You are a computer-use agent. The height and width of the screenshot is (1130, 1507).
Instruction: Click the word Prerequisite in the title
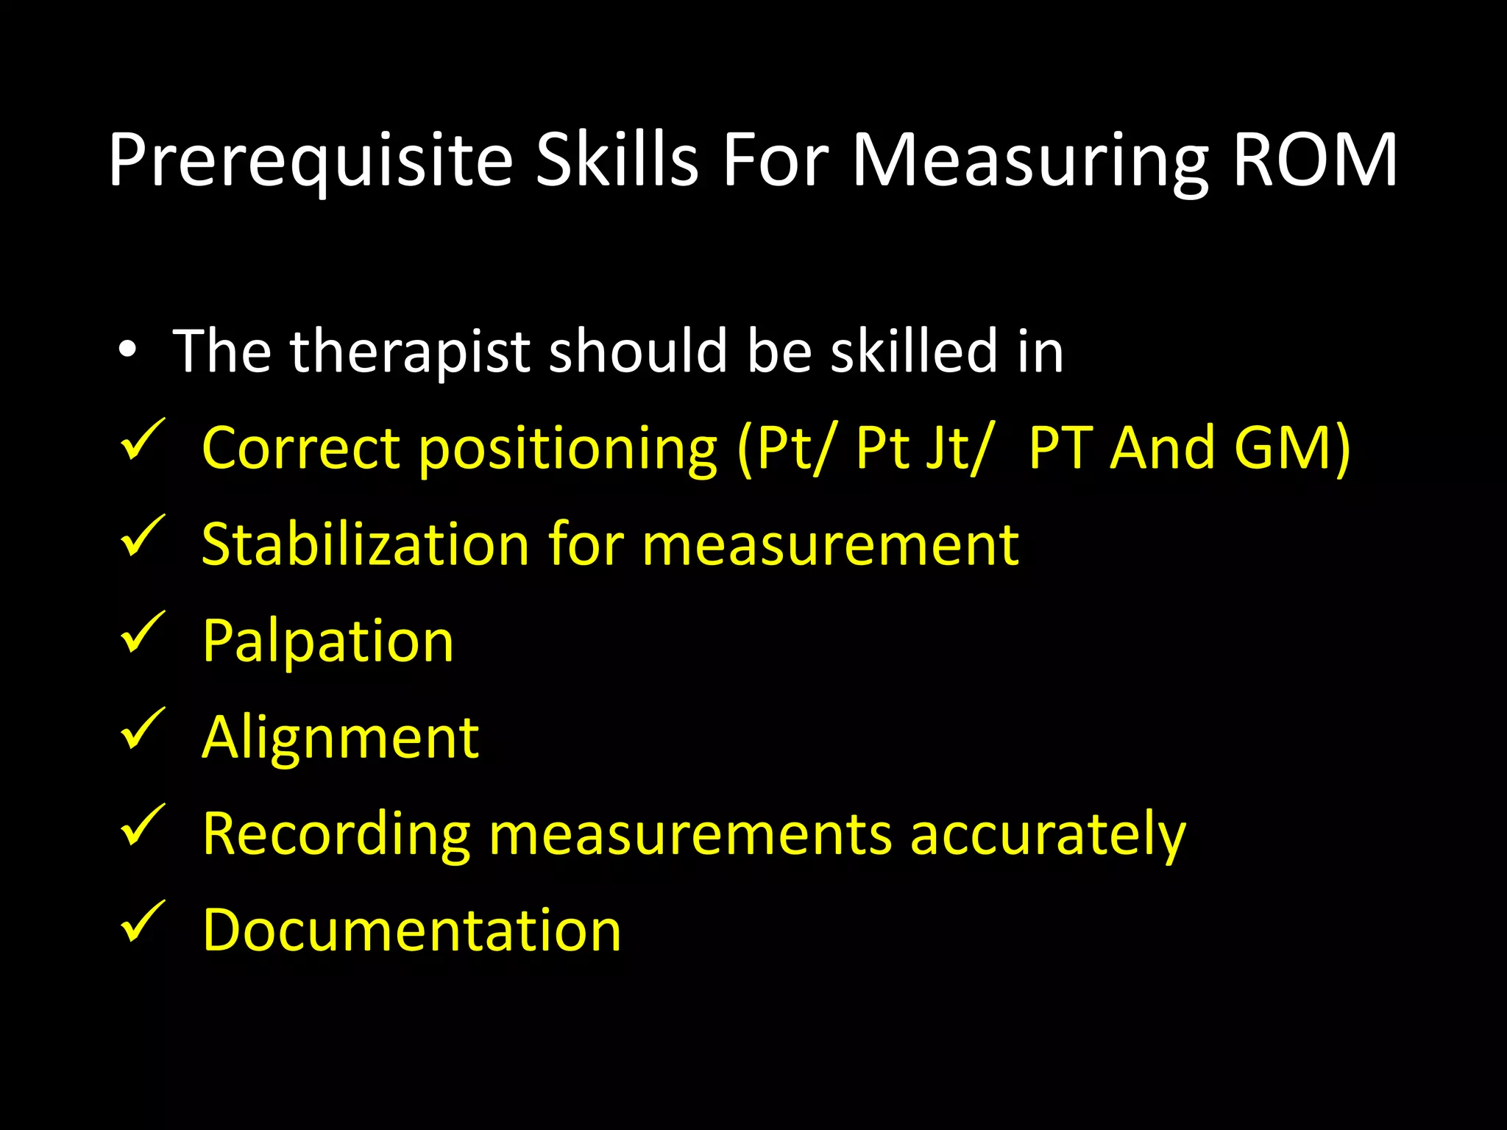(310, 160)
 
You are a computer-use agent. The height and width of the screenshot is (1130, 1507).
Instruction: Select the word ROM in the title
(1314, 160)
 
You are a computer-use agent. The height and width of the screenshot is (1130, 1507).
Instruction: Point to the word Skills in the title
(616, 160)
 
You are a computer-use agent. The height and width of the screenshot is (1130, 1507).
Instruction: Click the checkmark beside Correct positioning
(141, 440)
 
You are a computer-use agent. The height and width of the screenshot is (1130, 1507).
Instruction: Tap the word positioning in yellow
(567, 449)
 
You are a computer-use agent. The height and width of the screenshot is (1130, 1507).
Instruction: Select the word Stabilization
(365, 544)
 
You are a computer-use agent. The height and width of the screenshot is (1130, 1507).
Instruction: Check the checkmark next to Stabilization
(141, 536)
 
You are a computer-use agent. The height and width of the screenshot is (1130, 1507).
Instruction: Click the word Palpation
(327, 642)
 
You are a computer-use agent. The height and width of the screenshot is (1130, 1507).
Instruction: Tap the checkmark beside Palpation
(141, 633)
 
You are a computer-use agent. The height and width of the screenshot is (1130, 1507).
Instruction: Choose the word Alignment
(340, 738)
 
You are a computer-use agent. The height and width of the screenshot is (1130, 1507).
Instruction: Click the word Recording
(336, 834)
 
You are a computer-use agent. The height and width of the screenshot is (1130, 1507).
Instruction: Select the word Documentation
(411, 930)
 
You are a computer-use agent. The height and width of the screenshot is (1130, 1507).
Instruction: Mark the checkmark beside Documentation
(141, 922)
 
